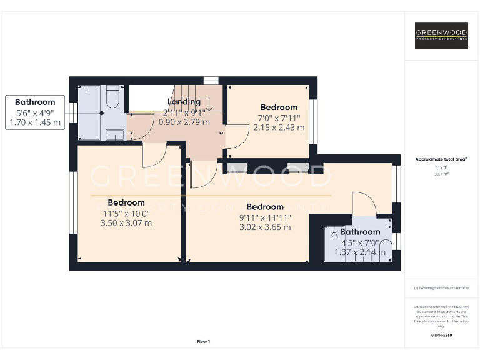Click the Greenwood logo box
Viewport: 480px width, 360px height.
tap(442, 36)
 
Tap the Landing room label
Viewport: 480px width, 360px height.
tap(184, 102)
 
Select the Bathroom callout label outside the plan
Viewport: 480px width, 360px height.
tap(35, 102)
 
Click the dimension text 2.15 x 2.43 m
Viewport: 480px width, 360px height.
tap(279, 127)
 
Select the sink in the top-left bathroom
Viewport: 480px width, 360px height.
tap(114, 133)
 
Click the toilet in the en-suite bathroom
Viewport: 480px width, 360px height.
tap(386, 245)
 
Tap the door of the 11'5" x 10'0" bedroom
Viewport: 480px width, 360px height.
tap(154, 154)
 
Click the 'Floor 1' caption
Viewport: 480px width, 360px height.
tap(203, 341)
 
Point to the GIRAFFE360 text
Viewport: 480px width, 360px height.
tap(441, 336)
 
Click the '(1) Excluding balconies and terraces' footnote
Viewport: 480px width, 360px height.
tap(441, 288)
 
